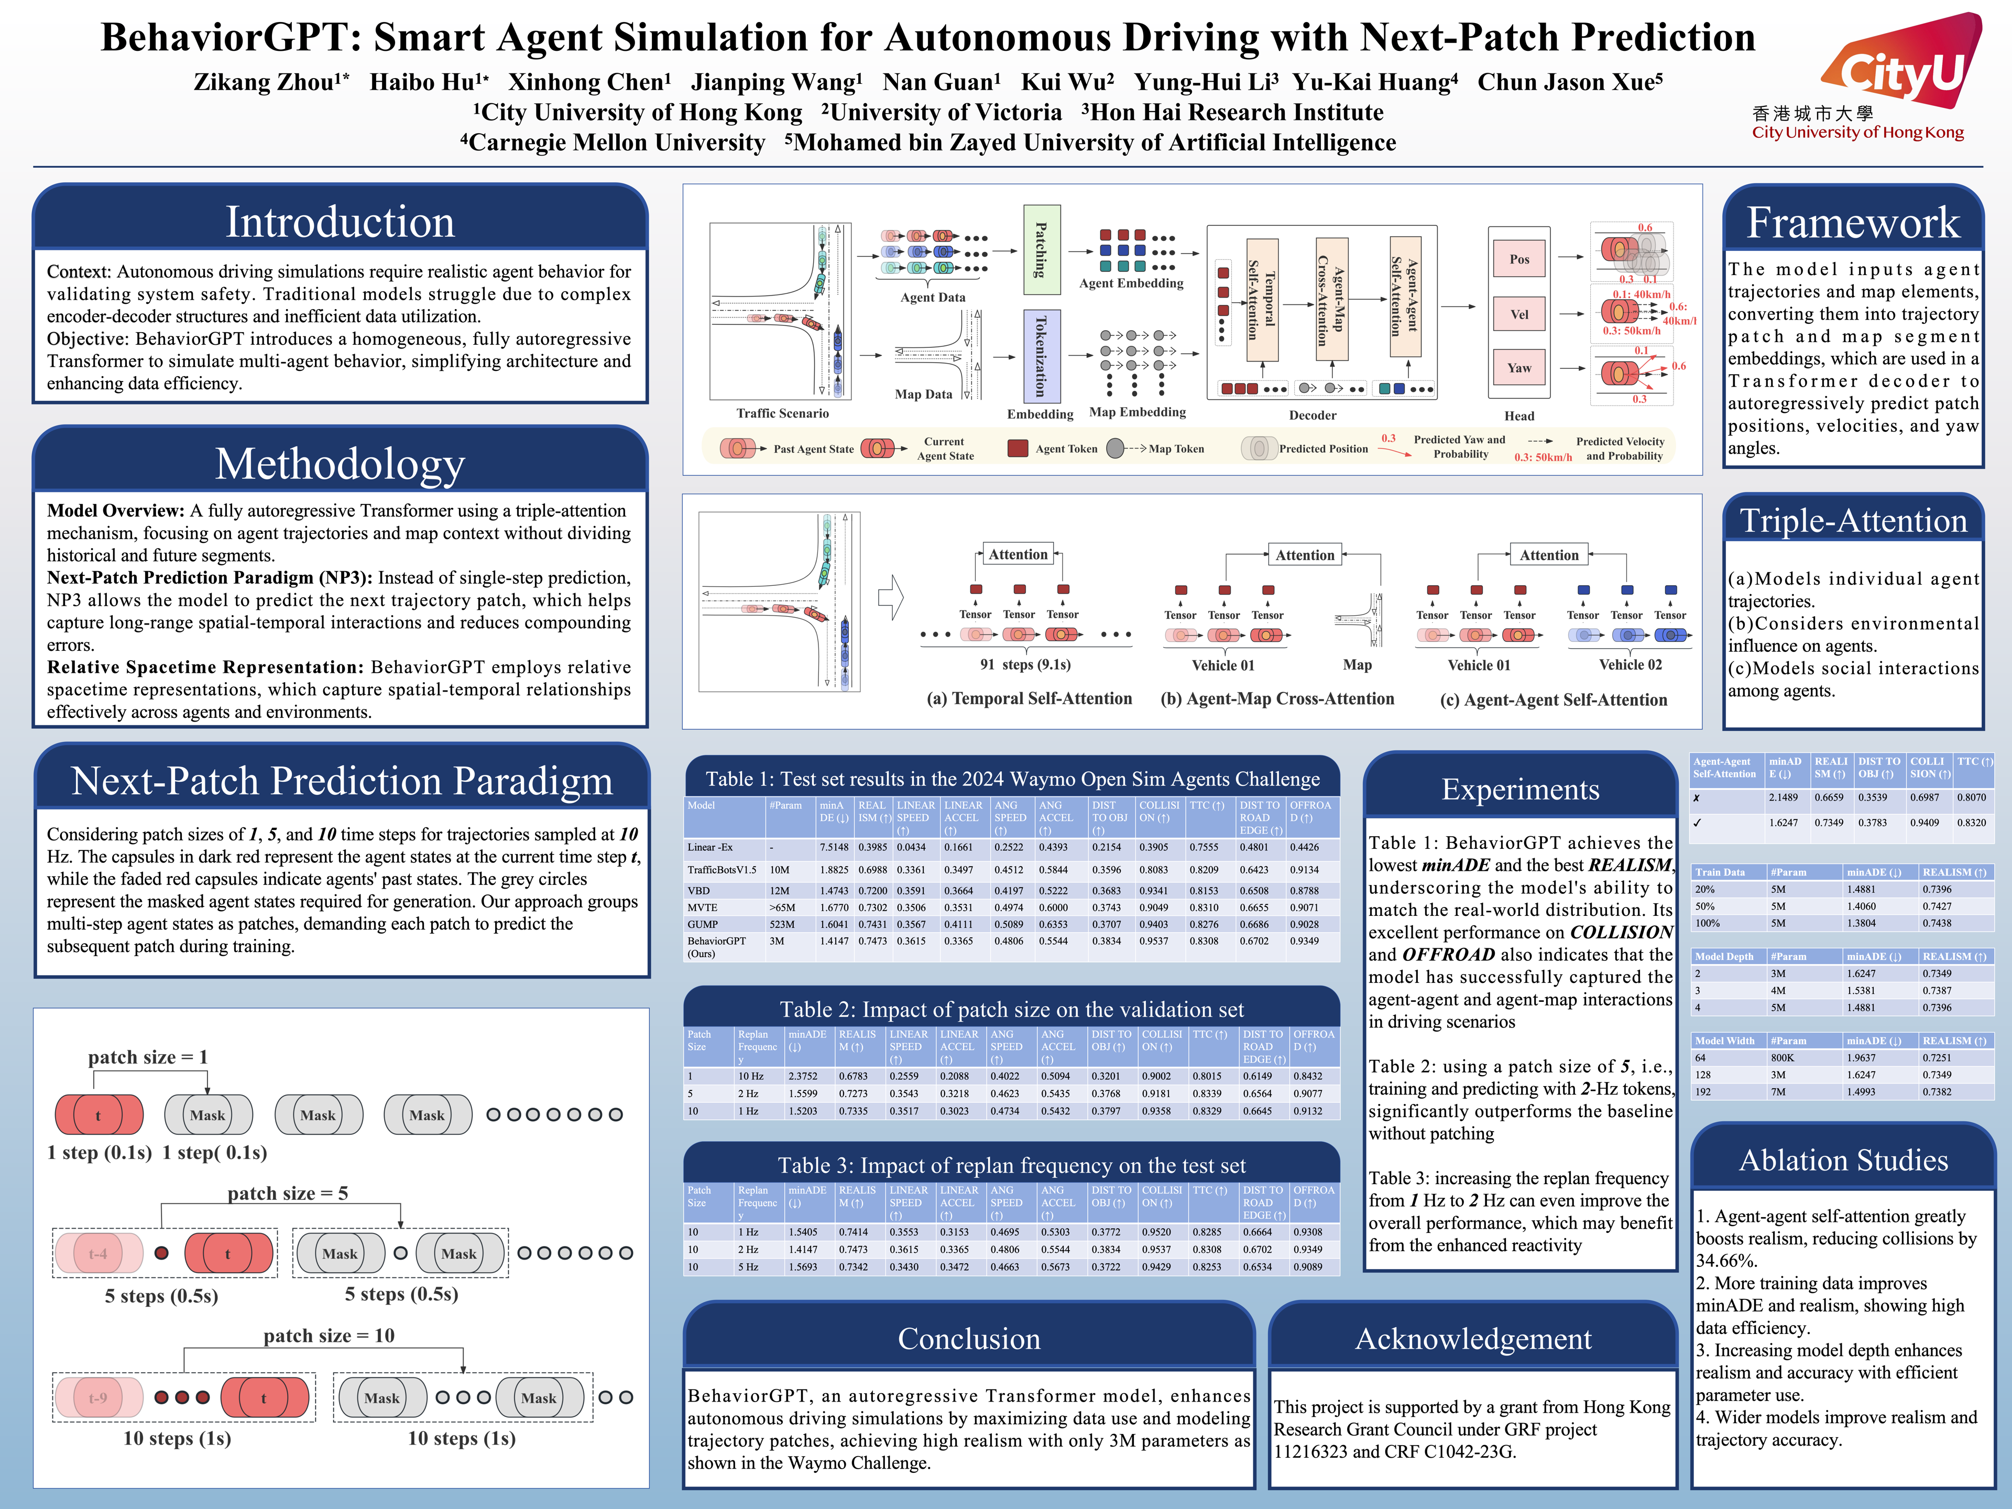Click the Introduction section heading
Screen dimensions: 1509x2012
340,222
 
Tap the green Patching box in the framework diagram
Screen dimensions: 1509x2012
1042,249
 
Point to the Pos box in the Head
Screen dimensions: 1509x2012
1519,259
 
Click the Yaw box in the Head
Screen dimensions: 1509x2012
1519,367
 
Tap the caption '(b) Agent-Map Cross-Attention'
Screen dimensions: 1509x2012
1277,698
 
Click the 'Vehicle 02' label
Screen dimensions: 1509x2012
1630,665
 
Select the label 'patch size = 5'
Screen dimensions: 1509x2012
288,1194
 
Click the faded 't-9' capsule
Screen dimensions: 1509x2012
98,1398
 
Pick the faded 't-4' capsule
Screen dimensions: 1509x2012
98,1253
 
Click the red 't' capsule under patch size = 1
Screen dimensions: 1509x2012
98,1115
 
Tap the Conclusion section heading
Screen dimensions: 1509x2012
969,1339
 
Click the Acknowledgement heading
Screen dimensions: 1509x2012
1473,1339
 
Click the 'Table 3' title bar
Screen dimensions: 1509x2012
1011,1165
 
